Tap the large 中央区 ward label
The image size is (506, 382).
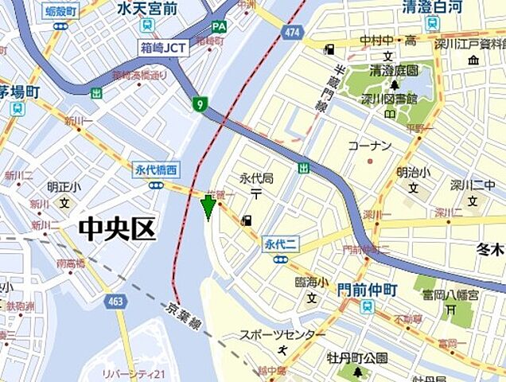coord(116,230)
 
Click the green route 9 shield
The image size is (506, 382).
coord(198,103)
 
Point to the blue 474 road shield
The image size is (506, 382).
coord(293,33)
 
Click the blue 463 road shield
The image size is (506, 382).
coord(117,301)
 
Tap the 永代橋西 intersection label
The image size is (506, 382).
coord(156,169)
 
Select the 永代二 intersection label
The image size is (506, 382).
coord(279,245)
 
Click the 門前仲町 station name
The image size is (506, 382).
coord(366,290)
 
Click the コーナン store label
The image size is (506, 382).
coord(370,146)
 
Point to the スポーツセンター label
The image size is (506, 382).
coord(282,335)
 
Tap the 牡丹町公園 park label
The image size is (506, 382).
coord(357,357)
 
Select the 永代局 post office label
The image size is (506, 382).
coord(256,178)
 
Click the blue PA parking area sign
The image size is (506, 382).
coord(219,26)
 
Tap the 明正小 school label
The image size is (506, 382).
coord(63,188)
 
